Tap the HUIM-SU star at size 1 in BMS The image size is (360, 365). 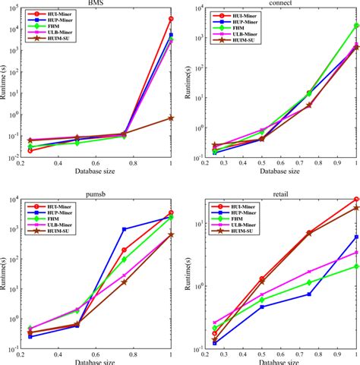[171, 118]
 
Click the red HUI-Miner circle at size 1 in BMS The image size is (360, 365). [171, 19]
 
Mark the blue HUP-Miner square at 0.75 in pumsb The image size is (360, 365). [124, 229]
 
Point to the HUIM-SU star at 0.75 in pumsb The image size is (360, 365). [124, 282]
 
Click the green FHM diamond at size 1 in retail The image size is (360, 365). [356, 266]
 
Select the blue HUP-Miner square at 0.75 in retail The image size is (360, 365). [308, 294]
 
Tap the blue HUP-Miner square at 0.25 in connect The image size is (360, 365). [214, 152]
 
